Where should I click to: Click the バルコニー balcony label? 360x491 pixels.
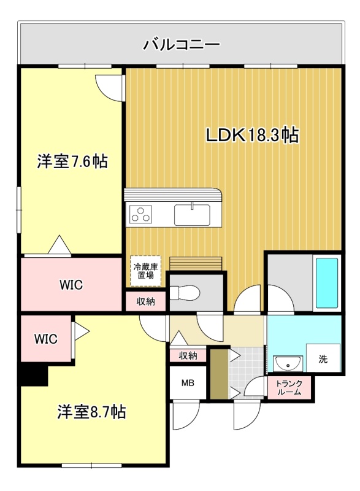click(182, 44)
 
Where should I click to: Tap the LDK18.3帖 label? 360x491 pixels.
click(252, 135)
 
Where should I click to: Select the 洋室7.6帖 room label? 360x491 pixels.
click(72, 161)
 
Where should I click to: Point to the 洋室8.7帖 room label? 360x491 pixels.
click(91, 412)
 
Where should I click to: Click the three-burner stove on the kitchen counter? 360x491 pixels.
click(140, 214)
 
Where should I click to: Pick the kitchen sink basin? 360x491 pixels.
click(192, 215)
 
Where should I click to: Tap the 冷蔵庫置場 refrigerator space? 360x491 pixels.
click(146, 271)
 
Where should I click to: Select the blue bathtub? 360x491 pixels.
click(327, 283)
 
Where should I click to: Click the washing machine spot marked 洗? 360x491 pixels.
click(323, 358)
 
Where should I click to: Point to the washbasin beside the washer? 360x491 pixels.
click(288, 364)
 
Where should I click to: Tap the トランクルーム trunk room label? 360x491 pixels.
click(289, 388)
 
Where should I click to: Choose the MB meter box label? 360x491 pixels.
click(188, 382)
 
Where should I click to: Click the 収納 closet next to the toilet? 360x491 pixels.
click(146, 301)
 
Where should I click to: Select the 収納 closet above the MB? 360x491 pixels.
click(188, 356)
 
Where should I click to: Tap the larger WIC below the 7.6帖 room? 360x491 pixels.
click(71, 284)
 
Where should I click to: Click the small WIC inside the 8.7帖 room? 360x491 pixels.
click(46, 339)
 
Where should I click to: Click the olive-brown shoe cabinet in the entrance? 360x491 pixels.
click(220, 374)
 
